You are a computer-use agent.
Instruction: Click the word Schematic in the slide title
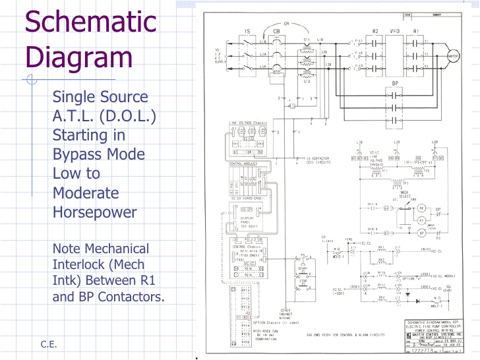(x=91, y=22)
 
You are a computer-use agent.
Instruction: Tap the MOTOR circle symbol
(x=452, y=56)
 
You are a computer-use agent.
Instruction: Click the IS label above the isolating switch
(x=247, y=31)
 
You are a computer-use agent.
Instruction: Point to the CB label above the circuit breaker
(x=276, y=31)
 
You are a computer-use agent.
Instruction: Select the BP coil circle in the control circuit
(x=422, y=233)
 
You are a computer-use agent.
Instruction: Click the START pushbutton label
(x=303, y=269)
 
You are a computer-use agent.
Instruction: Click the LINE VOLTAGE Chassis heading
(x=247, y=123)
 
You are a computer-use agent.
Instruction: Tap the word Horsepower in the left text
(x=95, y=212)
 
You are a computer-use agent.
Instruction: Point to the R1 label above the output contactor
(x=416, y=31)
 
